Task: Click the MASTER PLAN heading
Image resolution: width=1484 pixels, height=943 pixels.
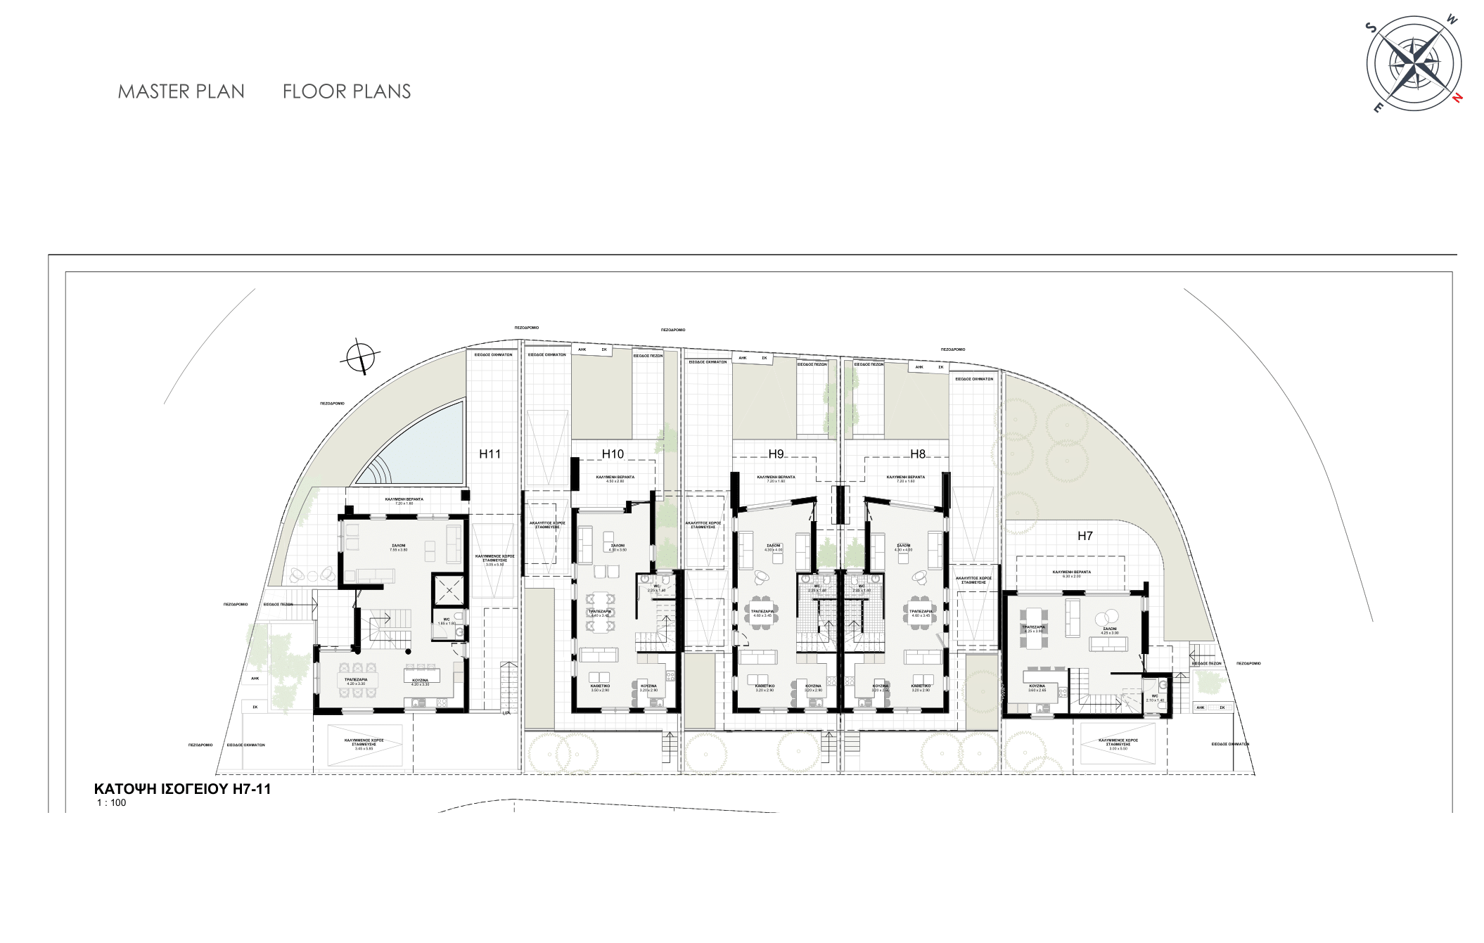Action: click(181, 91)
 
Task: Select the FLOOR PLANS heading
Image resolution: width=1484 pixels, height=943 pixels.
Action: click(347, 91)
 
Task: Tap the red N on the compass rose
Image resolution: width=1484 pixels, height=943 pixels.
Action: click(1459, 98)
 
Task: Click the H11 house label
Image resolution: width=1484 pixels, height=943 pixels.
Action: click(490, 454)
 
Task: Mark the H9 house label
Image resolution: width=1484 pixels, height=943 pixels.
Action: click(776, 454)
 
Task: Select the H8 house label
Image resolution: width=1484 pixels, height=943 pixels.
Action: click(918, 454)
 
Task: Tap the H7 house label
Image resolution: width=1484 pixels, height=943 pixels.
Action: click(1085, 536)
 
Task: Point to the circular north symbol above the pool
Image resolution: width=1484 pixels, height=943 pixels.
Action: click(360, 358)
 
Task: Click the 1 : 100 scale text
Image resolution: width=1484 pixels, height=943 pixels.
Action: click(112, 802)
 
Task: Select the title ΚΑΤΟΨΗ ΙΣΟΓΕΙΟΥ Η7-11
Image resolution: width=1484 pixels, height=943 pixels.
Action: click(182, 789)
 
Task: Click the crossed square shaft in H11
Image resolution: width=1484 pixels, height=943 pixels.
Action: click(448, 590)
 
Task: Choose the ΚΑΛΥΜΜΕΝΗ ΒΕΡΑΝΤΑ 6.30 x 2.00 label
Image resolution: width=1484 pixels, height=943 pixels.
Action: click(1071, 575)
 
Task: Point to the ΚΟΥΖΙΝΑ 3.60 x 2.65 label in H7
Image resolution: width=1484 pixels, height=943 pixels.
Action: click(1037, 688)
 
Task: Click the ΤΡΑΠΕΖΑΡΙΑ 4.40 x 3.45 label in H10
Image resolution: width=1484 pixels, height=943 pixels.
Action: click(600, 613)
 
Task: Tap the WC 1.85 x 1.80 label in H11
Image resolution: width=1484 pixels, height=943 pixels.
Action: click(447, 622)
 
